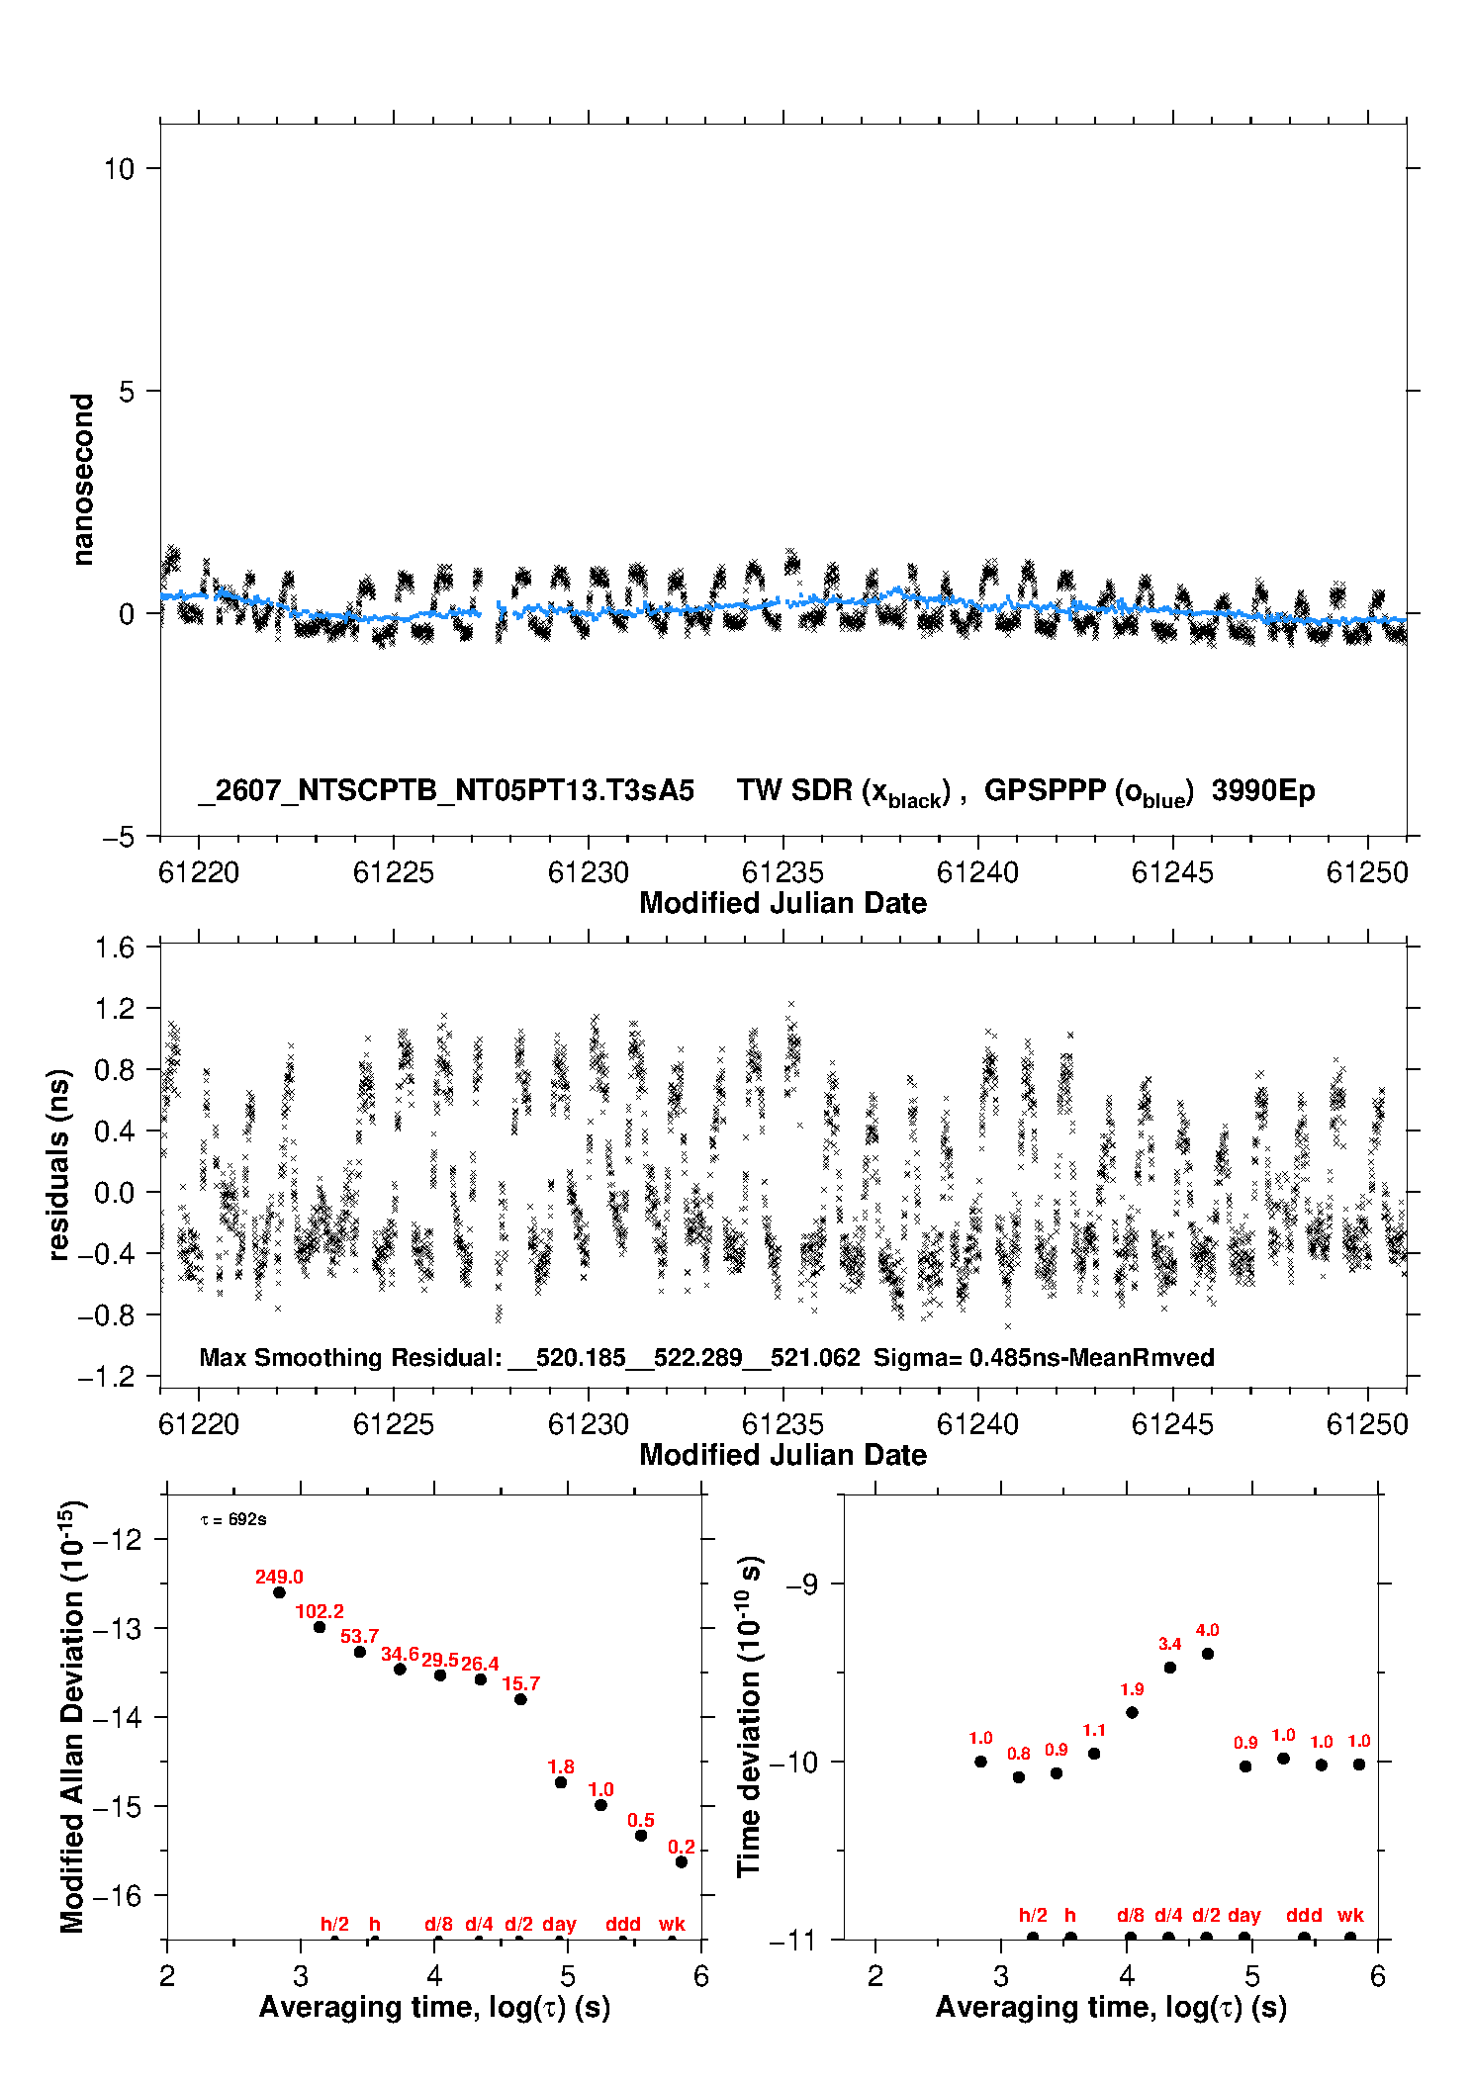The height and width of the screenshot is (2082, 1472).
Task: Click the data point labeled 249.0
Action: click(279, 1592)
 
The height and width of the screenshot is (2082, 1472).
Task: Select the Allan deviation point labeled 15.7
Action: click(520, 1699)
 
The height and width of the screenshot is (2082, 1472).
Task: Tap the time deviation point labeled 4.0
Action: click(1208, 1654)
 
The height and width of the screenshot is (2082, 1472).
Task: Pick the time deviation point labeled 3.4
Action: click(1170, 1668)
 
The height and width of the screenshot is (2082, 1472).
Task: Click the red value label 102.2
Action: click(320, 1611)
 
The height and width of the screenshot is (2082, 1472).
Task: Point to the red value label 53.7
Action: click(360, 1636)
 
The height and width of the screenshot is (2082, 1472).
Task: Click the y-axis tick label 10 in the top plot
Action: click(119, 169)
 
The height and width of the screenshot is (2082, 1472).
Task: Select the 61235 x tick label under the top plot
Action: click(782, 872)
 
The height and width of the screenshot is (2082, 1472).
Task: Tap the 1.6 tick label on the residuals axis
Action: click(115, 948)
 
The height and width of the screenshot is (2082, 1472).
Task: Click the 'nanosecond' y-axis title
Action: click(83, 480)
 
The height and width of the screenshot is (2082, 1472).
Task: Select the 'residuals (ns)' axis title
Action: click(60, 1164)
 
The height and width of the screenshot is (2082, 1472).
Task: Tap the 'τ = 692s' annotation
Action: click(233, 1519)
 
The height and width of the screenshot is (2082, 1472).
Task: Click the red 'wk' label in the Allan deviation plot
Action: click(672, 1924)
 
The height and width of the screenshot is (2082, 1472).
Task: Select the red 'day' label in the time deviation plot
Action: click(1244, 1916)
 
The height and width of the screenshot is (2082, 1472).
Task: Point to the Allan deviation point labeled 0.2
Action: click(682, 1862)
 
